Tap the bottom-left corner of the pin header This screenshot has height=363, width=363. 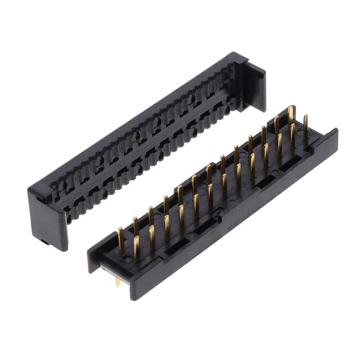point(134,298)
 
